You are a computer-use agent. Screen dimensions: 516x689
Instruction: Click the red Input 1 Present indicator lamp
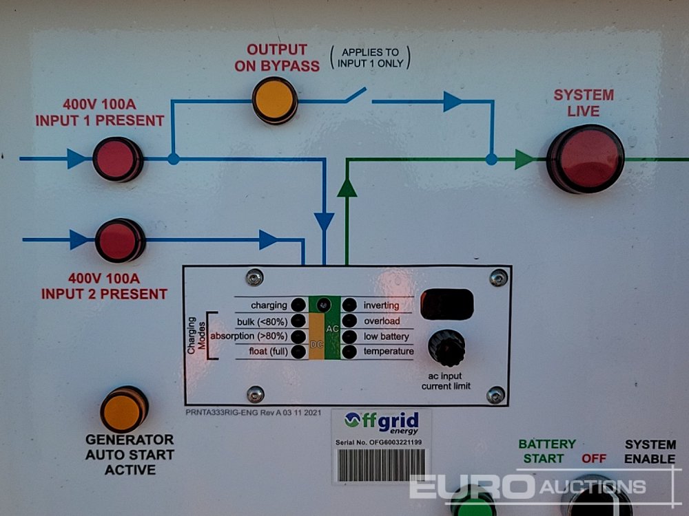coord(117,159)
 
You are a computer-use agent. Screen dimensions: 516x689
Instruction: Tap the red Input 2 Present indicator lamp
coord(119,240)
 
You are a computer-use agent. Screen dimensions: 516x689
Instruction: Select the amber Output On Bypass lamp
coord(274,100)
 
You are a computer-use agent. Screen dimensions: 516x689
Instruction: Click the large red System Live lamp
coord(585,158)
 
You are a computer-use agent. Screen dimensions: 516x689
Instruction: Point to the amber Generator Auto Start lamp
coord(124,409)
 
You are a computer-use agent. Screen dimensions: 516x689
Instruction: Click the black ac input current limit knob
coord(446,347)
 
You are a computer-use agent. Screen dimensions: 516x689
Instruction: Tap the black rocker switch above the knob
coord(446,304)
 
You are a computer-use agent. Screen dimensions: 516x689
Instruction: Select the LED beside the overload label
coord(349,321)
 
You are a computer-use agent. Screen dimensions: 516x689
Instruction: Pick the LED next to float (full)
coord(298,352)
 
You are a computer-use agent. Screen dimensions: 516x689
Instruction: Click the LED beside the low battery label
coord(349,336)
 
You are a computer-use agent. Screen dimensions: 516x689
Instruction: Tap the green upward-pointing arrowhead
coord(347,187)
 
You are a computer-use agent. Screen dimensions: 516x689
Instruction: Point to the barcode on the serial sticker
coord(380,464)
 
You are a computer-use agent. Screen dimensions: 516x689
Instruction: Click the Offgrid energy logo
coord(381,421)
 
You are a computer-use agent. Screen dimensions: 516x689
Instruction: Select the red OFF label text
coord(594,458)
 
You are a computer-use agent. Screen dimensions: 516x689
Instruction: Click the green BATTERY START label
coord(547,451)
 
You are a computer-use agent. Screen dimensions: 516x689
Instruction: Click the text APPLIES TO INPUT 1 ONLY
coord(370,58)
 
